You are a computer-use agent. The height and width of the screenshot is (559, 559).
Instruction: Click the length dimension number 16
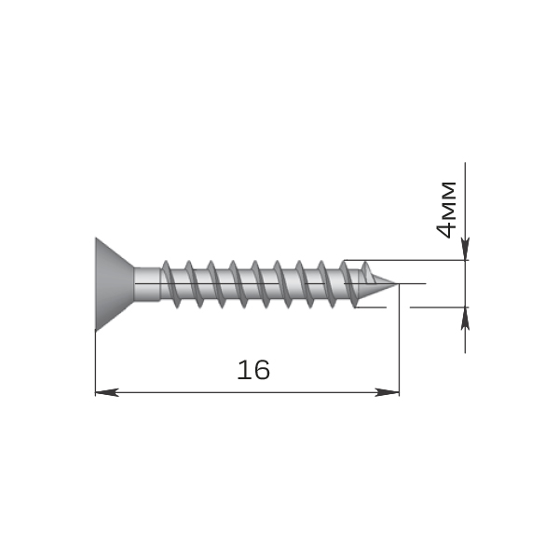[253, 370]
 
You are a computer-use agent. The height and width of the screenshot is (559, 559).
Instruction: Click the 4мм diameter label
[445, 210]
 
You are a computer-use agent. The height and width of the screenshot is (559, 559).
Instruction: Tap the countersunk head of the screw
[114, 284]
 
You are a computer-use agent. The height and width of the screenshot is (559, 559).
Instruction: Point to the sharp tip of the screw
[396, 284]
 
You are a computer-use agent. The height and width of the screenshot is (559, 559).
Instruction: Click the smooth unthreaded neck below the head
[147, 284]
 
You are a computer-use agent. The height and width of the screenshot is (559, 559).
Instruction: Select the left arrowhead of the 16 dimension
[106, 392]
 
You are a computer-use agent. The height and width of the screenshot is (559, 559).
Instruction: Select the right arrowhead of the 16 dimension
[388, 392]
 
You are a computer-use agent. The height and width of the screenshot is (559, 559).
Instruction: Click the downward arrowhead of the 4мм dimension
[465, 249]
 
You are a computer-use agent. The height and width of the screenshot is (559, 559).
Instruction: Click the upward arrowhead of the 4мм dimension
[465, 319]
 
